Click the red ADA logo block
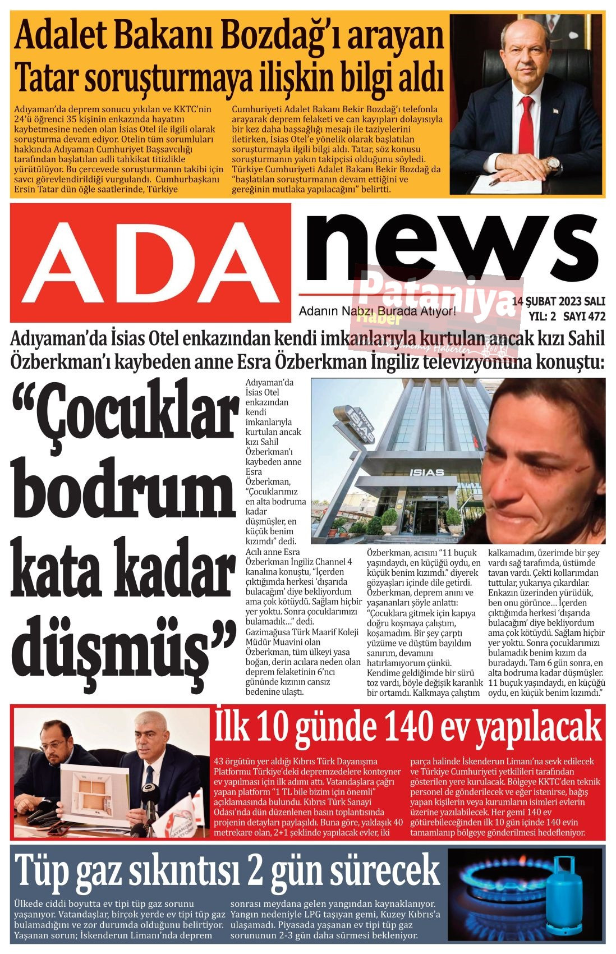point(150,262)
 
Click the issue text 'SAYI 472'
point(584,317)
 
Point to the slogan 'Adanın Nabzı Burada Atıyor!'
point(377,311)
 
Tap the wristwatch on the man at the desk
point(554,164)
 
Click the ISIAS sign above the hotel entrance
point(427,472)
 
